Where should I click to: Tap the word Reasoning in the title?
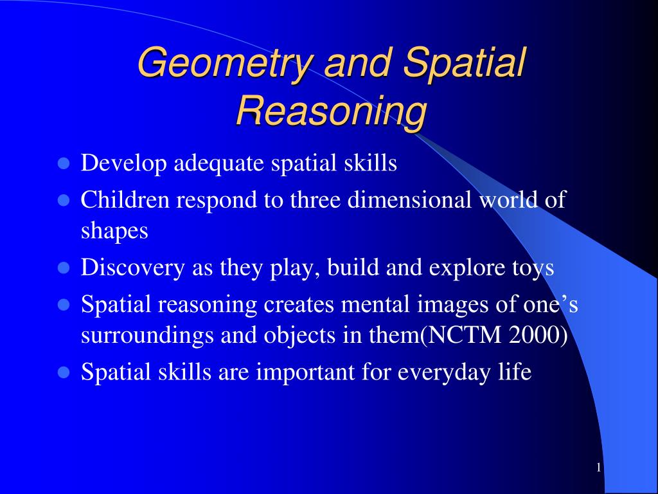331,111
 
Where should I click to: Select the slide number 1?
598,468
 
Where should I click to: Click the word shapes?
114,230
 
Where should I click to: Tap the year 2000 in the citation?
543,335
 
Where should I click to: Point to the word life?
515,372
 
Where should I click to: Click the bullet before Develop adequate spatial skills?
63,164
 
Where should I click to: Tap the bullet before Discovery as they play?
63,268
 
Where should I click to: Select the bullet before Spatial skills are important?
63,372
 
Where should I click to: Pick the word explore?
463,268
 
